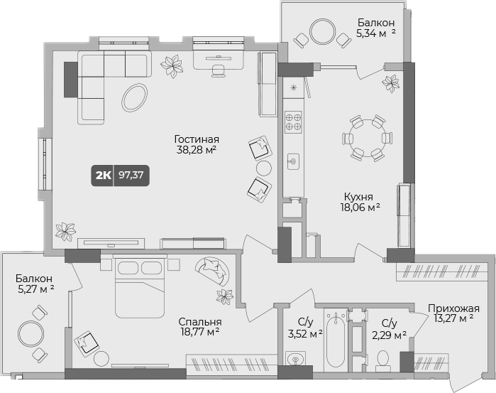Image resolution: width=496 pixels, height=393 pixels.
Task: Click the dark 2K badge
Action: (103, 175)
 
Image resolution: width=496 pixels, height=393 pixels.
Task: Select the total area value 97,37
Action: (132, 175)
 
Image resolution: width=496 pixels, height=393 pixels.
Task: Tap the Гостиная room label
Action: (197, 139)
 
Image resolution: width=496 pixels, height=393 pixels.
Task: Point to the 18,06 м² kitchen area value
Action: (360, 208)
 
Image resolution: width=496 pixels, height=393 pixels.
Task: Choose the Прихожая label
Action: (453, 308)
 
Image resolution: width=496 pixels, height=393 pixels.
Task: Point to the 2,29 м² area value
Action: (390, 335)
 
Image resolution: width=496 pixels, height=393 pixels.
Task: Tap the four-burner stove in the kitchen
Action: (293, 122)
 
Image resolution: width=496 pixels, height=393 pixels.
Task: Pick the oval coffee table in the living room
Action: (134, 97)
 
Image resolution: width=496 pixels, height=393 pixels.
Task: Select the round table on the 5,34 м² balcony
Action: (324, 31)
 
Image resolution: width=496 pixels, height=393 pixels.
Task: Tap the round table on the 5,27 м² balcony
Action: (31, 333)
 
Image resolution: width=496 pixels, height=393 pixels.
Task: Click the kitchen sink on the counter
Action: (292, 162)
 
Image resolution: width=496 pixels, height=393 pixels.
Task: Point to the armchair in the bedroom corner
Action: (88, 342)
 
